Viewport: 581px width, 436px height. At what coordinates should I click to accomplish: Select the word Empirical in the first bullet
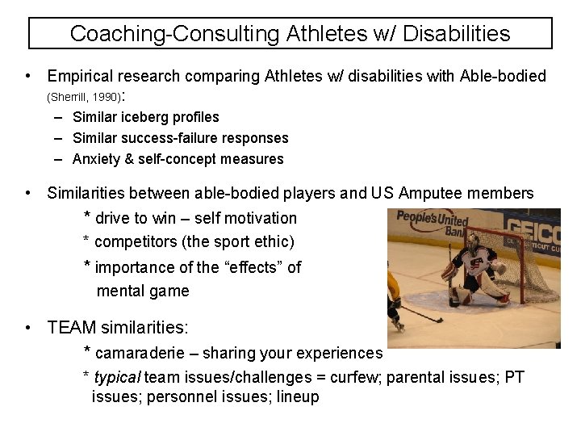tap(81, 77)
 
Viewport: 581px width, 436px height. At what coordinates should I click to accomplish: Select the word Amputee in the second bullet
tap(427, 193)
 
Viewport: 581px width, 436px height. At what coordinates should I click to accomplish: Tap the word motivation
tap(256, 218)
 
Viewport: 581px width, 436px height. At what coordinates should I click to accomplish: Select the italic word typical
tap(116, 377)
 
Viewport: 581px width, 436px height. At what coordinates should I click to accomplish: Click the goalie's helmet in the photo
tap(473, 240)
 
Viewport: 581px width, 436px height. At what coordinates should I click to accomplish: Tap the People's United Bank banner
tap(431, 222)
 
